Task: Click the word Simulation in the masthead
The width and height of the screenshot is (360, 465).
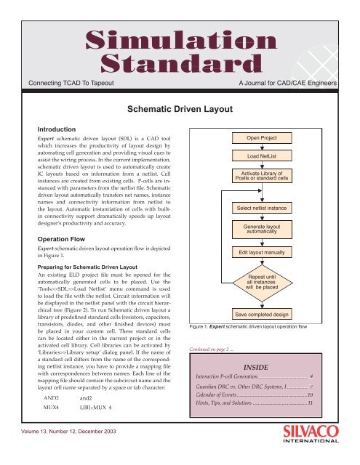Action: (180, 39)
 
